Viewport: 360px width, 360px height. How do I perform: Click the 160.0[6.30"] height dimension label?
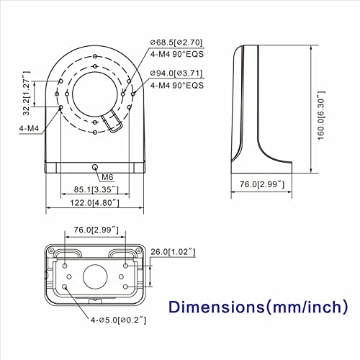click(x=321, y=115)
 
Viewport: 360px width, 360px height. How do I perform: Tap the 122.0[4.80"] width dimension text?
click(x=94, y=203)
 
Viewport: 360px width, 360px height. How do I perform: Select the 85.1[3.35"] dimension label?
click(x=96, y=189)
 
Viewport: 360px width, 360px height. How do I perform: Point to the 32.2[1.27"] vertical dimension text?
click(x=26, y=93)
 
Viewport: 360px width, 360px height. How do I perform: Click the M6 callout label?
click(x=107, y=177)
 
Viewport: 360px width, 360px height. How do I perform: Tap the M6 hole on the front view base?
click(x=95, y=167)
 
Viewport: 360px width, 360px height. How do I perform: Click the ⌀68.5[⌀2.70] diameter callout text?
click(x=176, y=42)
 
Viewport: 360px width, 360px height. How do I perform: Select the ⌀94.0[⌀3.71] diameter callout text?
click(x=176, y=73)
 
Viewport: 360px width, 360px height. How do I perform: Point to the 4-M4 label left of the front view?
click(x=29, y=128)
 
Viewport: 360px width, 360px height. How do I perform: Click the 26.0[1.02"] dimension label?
click(x=173, y=252)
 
